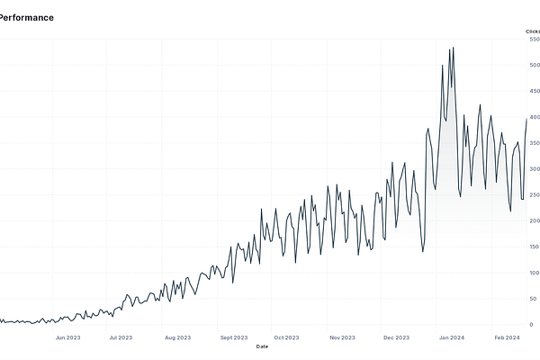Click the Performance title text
point(26,17)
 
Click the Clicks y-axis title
point(533,31)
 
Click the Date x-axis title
point(262,346)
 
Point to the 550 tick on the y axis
point(535,40)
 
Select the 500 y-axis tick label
point(535,66)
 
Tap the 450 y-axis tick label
point(535,92)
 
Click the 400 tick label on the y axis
point(535,117)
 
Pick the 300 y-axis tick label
point(535,169)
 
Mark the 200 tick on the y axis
point(535,220)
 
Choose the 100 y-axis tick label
point(535,273)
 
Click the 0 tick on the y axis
point(531,324)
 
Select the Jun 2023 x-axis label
point(68,337)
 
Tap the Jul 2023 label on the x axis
point(121,337)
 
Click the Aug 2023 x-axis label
point(177,337)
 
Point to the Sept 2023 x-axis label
point(233,337)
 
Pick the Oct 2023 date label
point(286,337)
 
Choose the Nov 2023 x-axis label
point(342,337)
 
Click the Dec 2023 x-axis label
point(396,337)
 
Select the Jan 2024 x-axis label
point(451,337)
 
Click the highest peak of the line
point(452,48)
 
